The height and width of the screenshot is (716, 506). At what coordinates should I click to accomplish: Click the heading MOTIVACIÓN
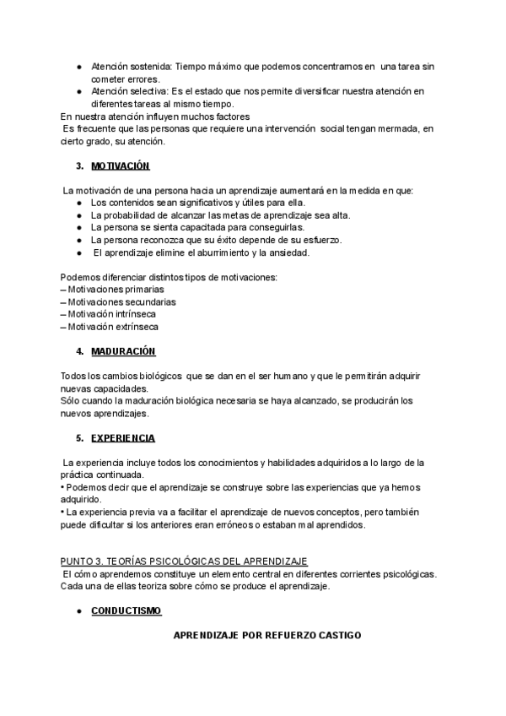120,166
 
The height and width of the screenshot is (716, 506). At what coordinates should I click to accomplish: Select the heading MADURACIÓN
123,350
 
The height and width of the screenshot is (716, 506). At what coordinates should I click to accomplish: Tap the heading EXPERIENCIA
122,438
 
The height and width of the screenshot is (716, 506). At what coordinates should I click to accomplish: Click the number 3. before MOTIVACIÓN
79,166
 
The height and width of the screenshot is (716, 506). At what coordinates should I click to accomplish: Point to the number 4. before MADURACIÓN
79,350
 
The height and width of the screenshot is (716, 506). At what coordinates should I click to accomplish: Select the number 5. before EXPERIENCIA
79,438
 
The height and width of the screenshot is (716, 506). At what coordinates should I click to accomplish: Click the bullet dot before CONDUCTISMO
78,610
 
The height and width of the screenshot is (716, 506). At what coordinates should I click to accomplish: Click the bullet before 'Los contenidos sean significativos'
78,203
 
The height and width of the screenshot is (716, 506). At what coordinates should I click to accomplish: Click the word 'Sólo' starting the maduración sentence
71,401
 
